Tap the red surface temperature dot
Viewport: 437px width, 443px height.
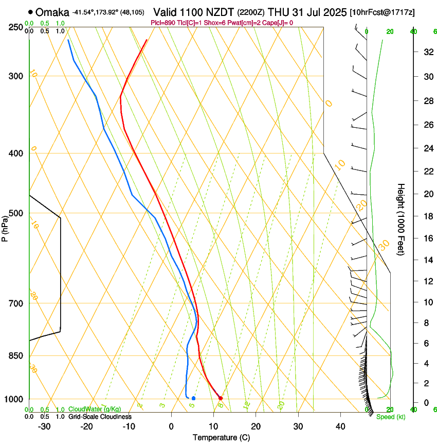point(220,398)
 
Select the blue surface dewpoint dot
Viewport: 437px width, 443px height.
point(193,398)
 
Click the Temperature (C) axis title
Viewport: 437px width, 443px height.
point(221,438)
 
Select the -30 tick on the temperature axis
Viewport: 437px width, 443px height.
point(44,427)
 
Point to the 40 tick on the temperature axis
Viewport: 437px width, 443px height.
point(340,427)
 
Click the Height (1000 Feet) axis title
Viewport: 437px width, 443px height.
point(401,219)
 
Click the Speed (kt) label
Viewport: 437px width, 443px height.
point(390,417)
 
